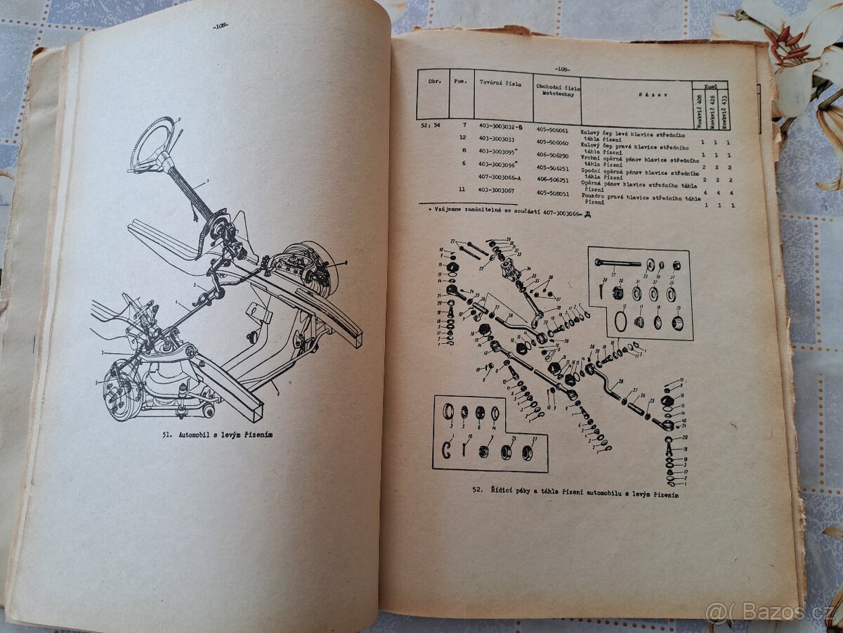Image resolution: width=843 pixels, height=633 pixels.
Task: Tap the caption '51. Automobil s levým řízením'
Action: coord(217,435)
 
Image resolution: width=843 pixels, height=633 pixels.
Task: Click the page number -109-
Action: coord(561,69)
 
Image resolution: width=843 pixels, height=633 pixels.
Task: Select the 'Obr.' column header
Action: coord(433,81)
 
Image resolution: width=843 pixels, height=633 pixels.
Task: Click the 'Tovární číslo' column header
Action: coord(499,83)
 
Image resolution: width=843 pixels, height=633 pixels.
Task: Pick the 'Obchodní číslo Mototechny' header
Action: coord(556,91)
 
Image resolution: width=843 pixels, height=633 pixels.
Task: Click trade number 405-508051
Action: coord(554,192)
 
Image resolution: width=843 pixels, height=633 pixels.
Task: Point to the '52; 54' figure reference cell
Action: coord(433,125)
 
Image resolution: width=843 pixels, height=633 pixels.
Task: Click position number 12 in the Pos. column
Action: coord(462,138)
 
